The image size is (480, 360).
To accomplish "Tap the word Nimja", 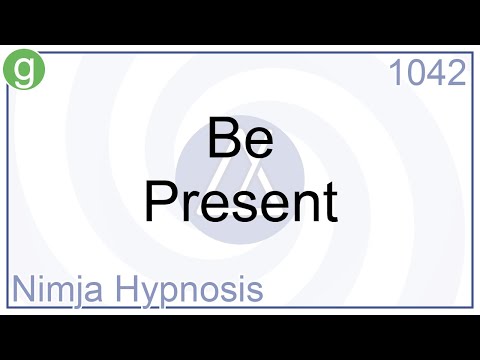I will [x=56, y=290].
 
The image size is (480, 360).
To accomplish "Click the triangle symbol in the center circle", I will [x=240, y=180].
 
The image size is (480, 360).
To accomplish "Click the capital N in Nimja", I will [x=23, y=290].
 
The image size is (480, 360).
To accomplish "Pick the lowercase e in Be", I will [x=258, y=144].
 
